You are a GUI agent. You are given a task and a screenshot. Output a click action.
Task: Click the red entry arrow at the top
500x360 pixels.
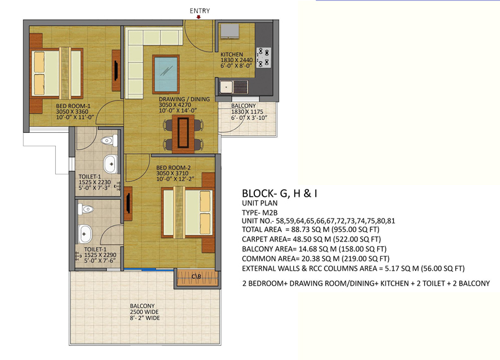click(199, 17)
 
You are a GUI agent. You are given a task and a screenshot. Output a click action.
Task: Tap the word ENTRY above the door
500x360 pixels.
click(200, 11)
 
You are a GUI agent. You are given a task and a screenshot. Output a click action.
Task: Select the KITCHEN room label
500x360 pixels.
click(231, 55)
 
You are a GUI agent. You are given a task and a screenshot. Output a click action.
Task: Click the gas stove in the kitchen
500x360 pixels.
click(264, 58)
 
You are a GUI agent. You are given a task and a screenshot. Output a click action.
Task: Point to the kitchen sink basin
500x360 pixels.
click(226, 87)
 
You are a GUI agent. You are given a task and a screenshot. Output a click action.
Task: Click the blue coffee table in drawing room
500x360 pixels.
click(166, 74)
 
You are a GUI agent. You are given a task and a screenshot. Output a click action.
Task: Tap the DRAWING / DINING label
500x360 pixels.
click(184, 99)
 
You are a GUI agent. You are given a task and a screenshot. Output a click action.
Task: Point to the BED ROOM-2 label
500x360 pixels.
click(174, 168)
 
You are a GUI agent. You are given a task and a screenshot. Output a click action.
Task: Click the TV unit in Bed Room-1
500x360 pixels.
click(116, 71)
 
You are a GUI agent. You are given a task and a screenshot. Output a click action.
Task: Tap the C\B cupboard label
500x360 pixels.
click(197, 277)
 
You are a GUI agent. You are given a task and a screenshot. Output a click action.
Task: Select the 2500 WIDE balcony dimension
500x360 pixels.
click(144, 312)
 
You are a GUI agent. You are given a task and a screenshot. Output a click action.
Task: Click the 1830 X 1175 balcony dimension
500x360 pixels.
click(247, 112)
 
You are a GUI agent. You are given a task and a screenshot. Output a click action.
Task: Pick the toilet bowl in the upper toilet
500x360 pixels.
click(109, 140)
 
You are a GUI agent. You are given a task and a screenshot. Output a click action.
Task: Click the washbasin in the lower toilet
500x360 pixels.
click(85, 233)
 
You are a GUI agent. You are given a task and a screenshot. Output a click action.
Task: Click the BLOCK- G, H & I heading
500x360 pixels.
click(279, 194)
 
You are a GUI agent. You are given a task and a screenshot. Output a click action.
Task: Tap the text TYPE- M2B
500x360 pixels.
click(259, 212)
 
